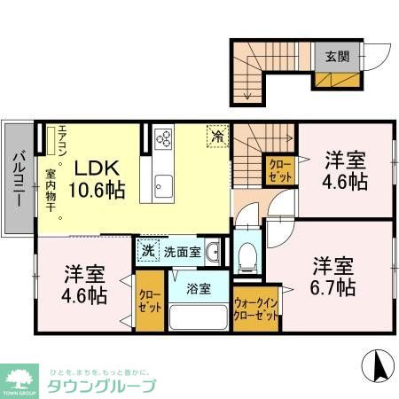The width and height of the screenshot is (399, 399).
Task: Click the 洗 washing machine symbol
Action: [148, 250]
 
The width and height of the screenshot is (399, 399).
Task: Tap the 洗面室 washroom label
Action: [181, 251]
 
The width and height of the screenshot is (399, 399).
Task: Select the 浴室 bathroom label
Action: [199, 289]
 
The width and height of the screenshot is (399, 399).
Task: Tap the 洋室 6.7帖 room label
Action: [333, 277]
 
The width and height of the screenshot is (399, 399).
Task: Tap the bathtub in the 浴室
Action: [199, 315]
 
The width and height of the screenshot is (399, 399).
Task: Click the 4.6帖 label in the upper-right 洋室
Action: [346, 182]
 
